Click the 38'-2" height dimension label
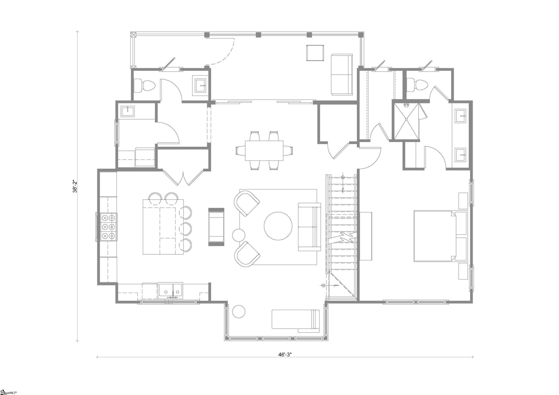(x=75, y=186)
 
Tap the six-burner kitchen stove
(x=108, y=227)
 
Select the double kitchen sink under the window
(x=171, y=290)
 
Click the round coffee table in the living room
(x=278, y=226)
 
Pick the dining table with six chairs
(x=264, y=150)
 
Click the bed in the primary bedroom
(x=440, y=236)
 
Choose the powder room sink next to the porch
(x=200, y=86)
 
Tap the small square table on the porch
(x=315, y=53)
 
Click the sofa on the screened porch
(x=342, y=74)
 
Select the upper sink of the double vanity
(x=461, y=116)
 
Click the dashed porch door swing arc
(x=227, y=54)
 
